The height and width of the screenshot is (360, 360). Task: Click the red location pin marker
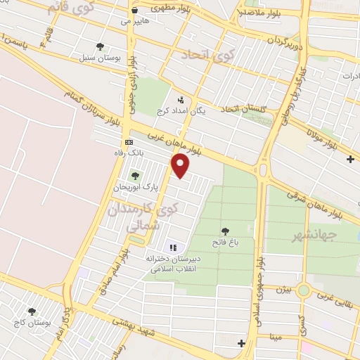[181, 165]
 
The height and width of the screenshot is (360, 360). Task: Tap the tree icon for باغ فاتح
[225, 231]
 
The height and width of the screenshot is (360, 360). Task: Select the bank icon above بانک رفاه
[129, 141]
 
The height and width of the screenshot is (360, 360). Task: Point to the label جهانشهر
[316, 236]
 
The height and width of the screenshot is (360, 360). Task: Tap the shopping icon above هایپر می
[134, 11]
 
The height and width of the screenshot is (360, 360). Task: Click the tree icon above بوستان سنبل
[100, 46]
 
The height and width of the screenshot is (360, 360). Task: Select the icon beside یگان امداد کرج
[181, 100]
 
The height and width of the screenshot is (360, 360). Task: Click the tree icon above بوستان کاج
[31, 311]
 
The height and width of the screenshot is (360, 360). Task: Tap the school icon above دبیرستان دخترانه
[172, 247]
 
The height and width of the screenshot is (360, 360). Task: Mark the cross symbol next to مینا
[242, 343]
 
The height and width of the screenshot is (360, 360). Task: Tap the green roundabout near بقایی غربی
[304, 290]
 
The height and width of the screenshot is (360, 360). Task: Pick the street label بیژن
[282, 289]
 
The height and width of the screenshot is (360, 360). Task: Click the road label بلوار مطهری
[176, 9]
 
